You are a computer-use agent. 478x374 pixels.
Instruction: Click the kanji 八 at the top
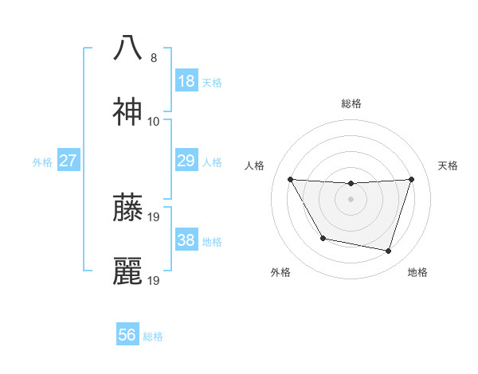pos(127,48)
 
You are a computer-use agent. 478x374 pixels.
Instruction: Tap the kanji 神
pos(127,113)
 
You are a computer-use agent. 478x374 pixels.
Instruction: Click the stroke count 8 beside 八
pos(154,57)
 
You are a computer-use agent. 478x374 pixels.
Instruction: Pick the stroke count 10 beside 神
pos(154,122)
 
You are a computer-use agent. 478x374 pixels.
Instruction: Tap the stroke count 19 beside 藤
pos(155,216)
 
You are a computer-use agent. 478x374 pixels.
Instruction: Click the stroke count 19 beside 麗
pos(155,280)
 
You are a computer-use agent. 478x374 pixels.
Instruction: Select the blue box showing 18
pos(186,81)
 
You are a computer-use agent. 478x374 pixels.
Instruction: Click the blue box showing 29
pos(186,161)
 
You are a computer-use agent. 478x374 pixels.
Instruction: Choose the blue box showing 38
pos(186,240)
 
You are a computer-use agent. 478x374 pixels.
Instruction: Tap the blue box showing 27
pos(68,161)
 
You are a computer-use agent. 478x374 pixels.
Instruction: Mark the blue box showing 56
pos(127,335)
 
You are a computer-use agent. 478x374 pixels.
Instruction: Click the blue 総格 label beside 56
pos(153,337)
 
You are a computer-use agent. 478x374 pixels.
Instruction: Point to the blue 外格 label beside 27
pos(42,162)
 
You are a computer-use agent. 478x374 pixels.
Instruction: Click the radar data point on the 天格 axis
pos(411,179)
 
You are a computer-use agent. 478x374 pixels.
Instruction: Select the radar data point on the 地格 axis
pos(388,251)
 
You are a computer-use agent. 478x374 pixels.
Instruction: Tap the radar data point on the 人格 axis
pos(290,179)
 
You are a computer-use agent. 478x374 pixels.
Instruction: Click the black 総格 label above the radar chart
pos(351,103)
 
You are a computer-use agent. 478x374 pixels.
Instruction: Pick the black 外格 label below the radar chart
pos(280,272)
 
